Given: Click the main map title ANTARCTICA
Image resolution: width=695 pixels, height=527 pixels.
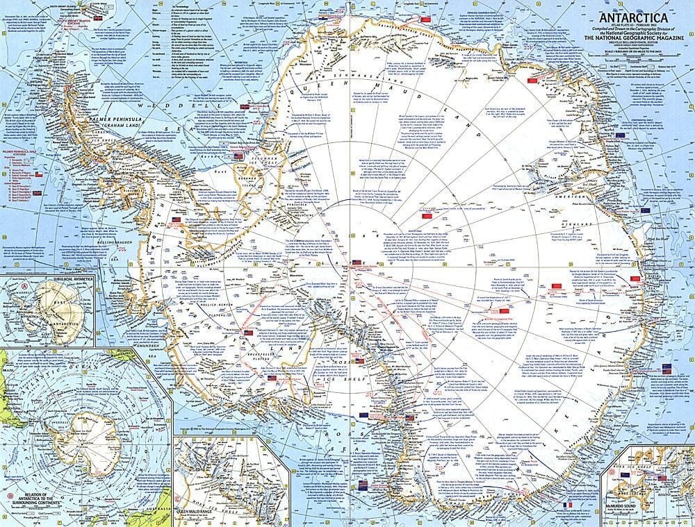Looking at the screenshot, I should click(x=632, y=17).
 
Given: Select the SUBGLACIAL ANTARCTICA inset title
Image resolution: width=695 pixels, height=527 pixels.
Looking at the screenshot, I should click(x=42, y=279).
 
